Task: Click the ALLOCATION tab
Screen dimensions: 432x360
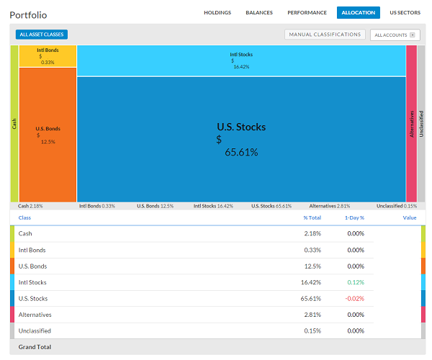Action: pos(358,13)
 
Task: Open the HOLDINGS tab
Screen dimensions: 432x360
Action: pos(217,13)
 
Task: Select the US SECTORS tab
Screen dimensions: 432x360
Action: pos(405,13)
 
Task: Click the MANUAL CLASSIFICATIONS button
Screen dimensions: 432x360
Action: pos(325,35)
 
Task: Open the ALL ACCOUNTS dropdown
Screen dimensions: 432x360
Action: pos(395,35)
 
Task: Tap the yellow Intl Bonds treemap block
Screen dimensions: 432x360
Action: pos(48,56)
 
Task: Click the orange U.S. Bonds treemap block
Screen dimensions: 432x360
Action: pos(48,135)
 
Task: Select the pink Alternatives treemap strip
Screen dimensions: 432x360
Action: pos(412,124)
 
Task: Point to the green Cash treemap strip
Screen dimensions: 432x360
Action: pos(14,124)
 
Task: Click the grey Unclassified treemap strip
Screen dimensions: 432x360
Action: pos(421,124)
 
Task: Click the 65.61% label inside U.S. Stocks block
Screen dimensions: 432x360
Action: pos(241,153)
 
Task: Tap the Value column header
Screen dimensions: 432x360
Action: pos(410,218)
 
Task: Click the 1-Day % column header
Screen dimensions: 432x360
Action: pos(354,218)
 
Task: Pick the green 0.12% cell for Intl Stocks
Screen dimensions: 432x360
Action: pos(356,282)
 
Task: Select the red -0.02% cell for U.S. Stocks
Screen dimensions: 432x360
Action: pos(355,299)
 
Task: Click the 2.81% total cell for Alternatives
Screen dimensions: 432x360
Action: pos(312,315)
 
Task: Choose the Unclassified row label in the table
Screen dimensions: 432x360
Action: pos(35,330)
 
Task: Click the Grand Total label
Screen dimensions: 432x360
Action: pos(35,347)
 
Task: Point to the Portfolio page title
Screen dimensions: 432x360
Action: pos(28,15)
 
